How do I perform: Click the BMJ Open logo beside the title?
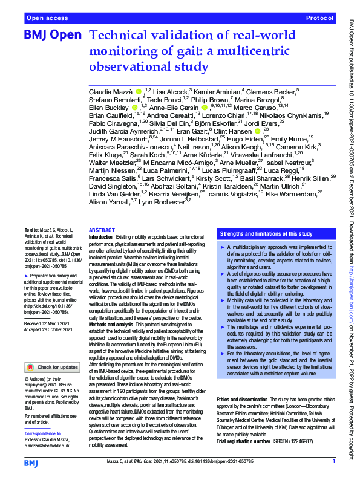pyautogui.click(x=53, y=36)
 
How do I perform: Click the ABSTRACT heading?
pyautogui.click(x=100, y=231)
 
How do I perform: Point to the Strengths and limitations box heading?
pyautogui.click(x=266, y=233)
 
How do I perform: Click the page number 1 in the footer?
pyautogui.click(x=333, y=462)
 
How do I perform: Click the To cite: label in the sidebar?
pyautogui.click(x=32, y=231)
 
